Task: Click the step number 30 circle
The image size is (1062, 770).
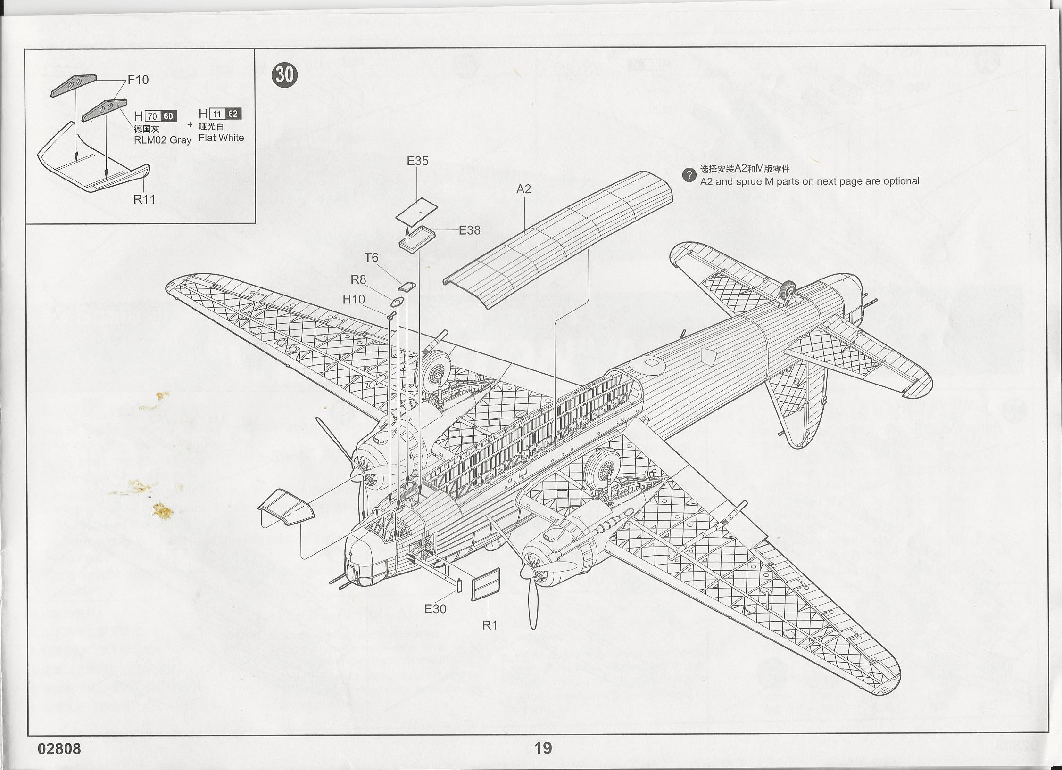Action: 285,75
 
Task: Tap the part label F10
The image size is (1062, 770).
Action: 138,80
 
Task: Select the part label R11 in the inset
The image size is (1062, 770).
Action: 144,199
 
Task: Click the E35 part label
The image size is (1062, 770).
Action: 417,161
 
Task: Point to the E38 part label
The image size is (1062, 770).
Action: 469,230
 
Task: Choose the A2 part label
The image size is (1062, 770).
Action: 523,189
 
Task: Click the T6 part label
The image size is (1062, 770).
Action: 371,257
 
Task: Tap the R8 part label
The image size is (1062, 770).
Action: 358,279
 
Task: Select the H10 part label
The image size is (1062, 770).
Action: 353,299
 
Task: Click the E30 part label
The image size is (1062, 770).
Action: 435,609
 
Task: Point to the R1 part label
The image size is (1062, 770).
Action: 490,625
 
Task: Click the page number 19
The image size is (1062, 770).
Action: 543,748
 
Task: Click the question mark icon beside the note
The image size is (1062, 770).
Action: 689,175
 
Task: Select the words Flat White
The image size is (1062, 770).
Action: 221,138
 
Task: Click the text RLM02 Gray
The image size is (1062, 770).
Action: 162,140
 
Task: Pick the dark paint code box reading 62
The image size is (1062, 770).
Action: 233,114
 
